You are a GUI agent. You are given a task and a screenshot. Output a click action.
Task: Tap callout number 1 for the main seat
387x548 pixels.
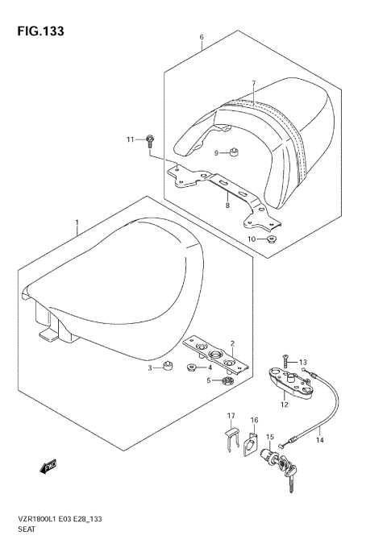click(x=77, y=222)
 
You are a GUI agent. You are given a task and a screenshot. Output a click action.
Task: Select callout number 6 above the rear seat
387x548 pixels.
click(x=202, y=37)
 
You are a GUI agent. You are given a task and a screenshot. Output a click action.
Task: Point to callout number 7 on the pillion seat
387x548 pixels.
click(x=252, y=84)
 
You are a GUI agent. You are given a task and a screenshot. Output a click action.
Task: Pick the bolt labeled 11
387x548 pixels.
click(x=151, y=142)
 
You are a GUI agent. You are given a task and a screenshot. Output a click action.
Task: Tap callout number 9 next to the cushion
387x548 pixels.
click(x=217, y=153)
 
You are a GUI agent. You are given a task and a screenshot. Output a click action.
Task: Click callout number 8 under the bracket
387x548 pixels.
click(x=227, y=206)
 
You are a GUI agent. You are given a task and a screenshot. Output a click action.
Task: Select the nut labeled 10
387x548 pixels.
click(x=273, y=239)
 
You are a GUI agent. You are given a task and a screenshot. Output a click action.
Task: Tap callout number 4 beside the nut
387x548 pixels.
click(x=210, y=367)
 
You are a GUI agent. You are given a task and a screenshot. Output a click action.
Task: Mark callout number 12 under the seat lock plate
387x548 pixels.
click(x=285, y=403)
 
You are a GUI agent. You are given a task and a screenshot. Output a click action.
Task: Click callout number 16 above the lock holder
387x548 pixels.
click(x=254, y=421)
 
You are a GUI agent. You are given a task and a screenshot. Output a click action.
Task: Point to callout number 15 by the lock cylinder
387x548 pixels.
click(x=271, y=438)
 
